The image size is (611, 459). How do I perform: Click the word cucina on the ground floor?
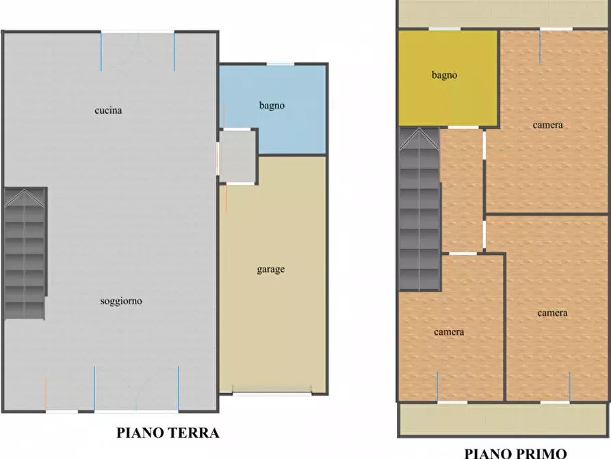(x=108, y=110)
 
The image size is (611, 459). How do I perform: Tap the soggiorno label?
(x=121, y=301)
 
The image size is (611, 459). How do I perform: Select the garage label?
(x=271, y=269)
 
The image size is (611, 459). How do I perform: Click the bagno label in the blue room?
(x=272, y=106)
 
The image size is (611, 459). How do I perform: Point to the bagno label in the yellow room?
(x=444, y=75)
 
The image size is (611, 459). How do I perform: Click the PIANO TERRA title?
(x=168, y=433)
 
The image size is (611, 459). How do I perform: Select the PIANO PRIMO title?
(x=515, y=453)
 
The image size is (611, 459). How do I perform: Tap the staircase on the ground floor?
(x=25, y=253)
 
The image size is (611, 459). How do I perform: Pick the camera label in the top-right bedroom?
(x=548, y=125)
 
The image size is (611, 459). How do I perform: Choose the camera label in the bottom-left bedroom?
(x=449, y=332)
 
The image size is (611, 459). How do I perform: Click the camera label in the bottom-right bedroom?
(x=552, y=313)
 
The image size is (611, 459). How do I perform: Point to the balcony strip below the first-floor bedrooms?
(x=503, y=419)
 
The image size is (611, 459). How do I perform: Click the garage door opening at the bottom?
(x=271, y=393)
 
